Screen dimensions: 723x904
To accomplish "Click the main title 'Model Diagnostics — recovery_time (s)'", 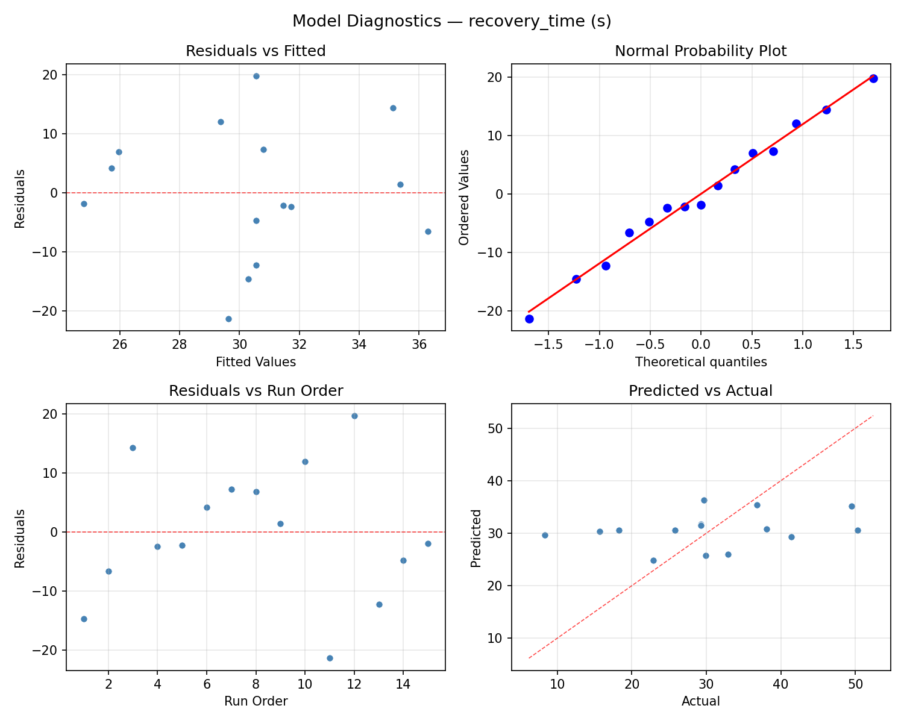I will click(451, 22).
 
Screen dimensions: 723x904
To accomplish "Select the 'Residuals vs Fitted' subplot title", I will click(256, 51).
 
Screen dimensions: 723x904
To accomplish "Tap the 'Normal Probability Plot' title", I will click(700, 51).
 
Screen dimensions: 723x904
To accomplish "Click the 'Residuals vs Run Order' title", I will click(256, 391).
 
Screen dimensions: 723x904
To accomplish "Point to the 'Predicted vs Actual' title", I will click(700, 391).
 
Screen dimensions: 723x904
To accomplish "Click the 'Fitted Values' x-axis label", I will click(256, 362).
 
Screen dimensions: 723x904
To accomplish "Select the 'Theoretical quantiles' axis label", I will click(700, 362).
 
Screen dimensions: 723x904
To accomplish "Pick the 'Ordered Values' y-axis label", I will click(463, 197).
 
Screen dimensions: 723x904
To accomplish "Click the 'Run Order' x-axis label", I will click(256, 701).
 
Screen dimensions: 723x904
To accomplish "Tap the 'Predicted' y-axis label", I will click(476, 538).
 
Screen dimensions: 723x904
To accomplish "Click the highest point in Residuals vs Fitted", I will click(256, 76).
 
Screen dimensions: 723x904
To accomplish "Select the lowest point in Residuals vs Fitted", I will click(228, 319).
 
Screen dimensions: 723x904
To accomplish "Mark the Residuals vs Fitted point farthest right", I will click(428, 231).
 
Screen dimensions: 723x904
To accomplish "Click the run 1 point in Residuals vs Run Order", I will click(84, 619).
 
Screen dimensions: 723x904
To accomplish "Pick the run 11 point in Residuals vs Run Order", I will click(330, 658).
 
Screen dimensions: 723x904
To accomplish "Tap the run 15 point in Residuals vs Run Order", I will click(428, 543).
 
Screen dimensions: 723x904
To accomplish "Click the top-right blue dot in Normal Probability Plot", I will click(873, 78).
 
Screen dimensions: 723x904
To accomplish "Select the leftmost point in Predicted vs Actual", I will click(545, 535).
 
